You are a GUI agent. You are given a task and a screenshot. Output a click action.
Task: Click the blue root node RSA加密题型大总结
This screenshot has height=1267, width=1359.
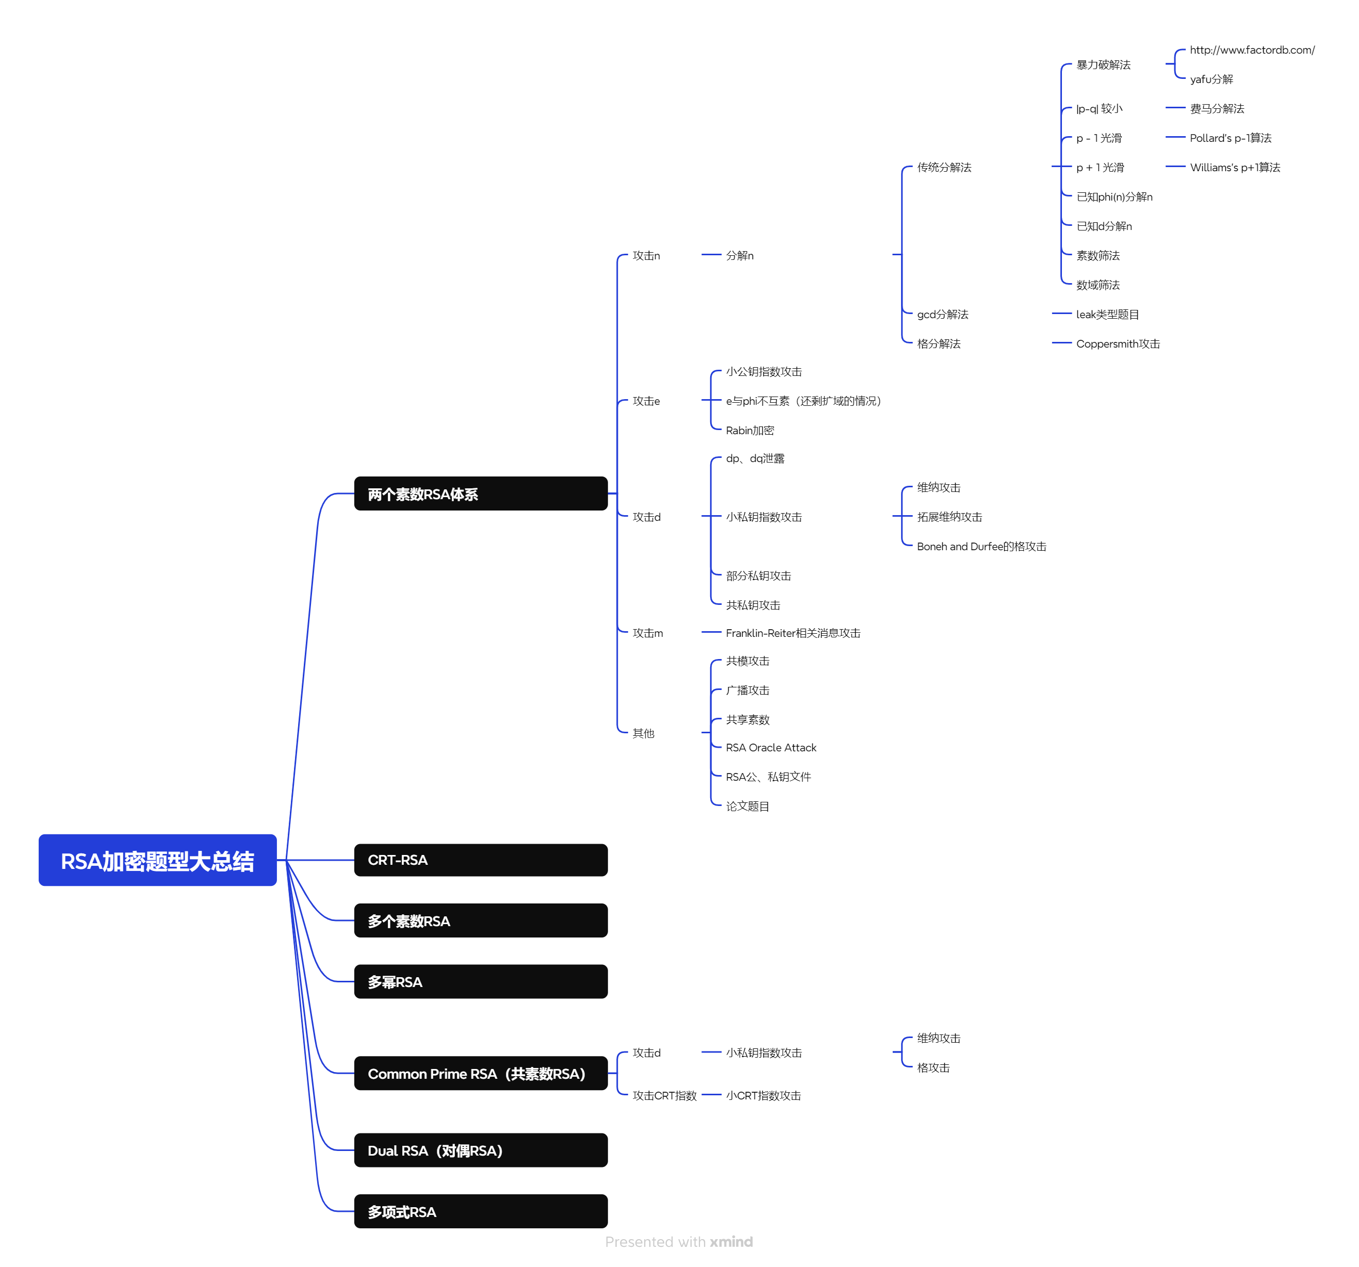(157, 860)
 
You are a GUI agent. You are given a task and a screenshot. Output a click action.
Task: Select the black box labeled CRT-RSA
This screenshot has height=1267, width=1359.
(481, 860)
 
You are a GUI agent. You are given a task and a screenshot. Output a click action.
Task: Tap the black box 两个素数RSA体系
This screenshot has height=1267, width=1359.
(481, 493)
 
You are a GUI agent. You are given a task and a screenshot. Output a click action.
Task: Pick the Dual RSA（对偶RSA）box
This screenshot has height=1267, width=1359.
(481, 1150)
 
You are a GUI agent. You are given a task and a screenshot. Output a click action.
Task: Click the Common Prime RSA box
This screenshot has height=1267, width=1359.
(481, 1073)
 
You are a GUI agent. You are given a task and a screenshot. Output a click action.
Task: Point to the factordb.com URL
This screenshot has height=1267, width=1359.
(1252, 50)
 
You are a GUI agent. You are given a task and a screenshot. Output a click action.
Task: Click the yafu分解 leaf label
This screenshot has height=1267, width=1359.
(1211, 79)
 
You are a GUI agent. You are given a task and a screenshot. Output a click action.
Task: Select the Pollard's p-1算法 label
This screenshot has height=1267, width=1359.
(1231, 138)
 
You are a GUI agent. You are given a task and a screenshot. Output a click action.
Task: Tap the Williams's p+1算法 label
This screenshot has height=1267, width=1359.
(1235, 168)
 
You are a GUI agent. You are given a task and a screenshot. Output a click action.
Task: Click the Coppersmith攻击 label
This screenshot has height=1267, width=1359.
(1118, 344)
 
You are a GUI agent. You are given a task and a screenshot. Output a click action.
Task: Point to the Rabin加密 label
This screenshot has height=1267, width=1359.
(750, 431)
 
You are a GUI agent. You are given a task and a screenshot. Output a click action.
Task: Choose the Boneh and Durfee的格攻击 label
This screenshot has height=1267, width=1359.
(981, 547)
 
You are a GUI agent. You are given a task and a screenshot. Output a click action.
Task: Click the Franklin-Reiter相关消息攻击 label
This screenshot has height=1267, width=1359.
(793, 633)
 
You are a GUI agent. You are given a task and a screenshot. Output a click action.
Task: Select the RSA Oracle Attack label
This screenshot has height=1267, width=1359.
(771, 748)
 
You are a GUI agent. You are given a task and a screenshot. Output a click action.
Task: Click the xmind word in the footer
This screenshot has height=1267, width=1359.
(731, 1242)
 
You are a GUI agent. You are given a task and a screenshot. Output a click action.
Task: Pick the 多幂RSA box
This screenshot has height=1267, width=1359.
(481, 981)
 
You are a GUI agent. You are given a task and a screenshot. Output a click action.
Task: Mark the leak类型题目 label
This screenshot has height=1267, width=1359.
(1107, 315)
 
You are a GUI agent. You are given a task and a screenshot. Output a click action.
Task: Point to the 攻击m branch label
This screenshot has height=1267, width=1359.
(647, 633)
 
